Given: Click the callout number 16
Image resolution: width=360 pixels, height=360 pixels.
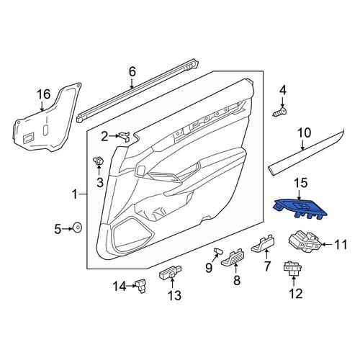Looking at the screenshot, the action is [x=44, y=94].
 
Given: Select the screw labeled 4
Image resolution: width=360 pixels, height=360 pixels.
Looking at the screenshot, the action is [x=280, y=112].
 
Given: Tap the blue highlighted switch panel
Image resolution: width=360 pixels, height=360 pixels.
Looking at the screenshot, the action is [x=300, y=209].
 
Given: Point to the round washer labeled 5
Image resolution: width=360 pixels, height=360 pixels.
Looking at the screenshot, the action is [x=78, y=228].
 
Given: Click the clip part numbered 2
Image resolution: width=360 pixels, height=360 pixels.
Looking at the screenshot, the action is [x=125, y=137].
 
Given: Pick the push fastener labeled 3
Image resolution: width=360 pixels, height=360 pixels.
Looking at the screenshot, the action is [x=99, y=160].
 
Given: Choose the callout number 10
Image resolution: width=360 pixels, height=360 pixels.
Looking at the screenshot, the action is [x=304, y=132].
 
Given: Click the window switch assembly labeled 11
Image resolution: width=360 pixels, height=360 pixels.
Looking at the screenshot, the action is [x=305, y=242].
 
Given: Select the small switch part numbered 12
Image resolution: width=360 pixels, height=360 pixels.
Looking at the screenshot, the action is [x=293, y=269].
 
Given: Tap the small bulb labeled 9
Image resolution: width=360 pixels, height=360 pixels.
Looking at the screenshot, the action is [x=218, y=251].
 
